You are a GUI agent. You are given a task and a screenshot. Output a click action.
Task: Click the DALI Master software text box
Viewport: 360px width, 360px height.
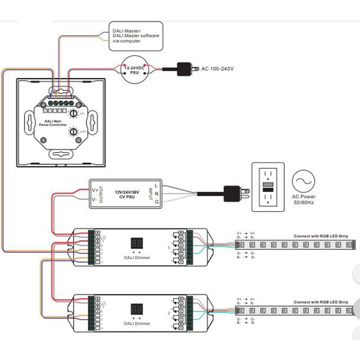pos(135,35)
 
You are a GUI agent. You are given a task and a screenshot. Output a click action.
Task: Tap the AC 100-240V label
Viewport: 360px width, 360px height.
pos(217,69)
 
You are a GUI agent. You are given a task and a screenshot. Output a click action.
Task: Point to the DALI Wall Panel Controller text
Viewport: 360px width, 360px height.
pos(56,122)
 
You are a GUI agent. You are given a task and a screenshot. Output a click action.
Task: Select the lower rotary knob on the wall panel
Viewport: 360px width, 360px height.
pos(73,131)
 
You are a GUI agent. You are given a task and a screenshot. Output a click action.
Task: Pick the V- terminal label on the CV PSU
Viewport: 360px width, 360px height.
pos(94,199)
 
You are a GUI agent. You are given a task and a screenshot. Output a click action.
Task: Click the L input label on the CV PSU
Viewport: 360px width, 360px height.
pos(156,185)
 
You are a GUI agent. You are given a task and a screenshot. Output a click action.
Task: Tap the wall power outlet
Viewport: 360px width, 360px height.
pos(267,187)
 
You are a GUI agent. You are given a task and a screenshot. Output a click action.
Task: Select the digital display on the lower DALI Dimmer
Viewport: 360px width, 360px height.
pos(137,309)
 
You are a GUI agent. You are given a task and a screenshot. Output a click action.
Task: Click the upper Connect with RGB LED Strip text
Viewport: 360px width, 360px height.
pos(320,236)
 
